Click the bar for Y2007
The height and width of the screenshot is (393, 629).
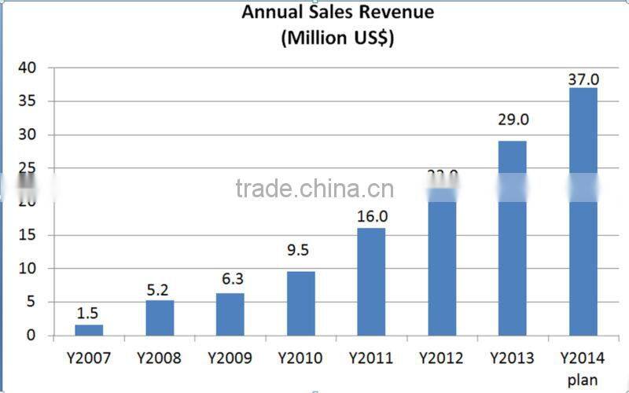[89, 330]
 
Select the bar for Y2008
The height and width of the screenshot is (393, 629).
[160, 318]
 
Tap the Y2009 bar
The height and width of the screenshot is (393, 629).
[230, 314]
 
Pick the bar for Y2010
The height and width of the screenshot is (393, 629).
[300, 303]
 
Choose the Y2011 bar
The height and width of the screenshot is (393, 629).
[371, 281]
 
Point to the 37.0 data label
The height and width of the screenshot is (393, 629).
[583, 79]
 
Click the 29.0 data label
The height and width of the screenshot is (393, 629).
[512, 119]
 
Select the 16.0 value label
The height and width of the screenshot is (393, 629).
[371, 215]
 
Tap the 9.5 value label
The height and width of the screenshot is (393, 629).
[300, 252]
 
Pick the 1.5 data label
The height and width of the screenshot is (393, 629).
[88, 313]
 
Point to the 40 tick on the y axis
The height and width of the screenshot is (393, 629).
[28, 68]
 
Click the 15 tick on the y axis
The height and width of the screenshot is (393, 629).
[28, 236]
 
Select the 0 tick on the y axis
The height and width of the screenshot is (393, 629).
[31, 336]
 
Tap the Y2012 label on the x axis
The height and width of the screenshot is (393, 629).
[441, 358]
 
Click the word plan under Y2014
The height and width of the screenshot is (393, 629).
[583, 380]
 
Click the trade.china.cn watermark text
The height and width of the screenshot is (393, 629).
[314, 189]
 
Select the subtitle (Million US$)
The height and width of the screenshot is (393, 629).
[337, 38]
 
